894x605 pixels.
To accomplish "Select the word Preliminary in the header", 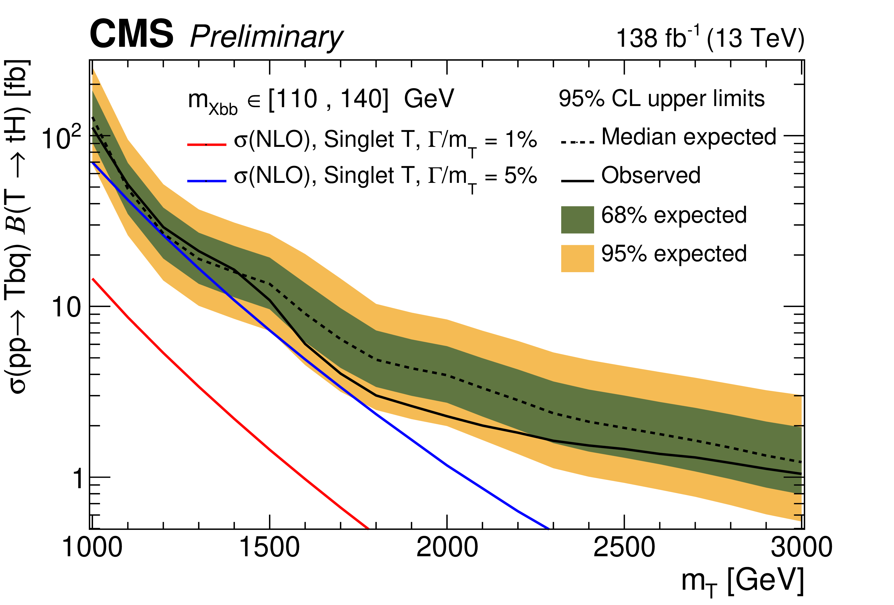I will (266, 37).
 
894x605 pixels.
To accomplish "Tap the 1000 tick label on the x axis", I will (92, 547).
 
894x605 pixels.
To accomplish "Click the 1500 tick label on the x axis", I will (269, 547).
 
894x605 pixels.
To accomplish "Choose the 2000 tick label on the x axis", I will (447, 547).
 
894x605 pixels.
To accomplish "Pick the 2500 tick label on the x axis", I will (624, 547).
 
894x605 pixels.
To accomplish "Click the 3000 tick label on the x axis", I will (801, 547).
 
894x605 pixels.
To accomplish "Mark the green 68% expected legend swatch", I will (577, 220).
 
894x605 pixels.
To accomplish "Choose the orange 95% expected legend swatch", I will (577, 258).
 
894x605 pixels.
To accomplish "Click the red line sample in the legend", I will (207, 145).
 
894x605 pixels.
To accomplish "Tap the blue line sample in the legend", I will (207, 180).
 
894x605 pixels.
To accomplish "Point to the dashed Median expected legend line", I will (577, 142).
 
